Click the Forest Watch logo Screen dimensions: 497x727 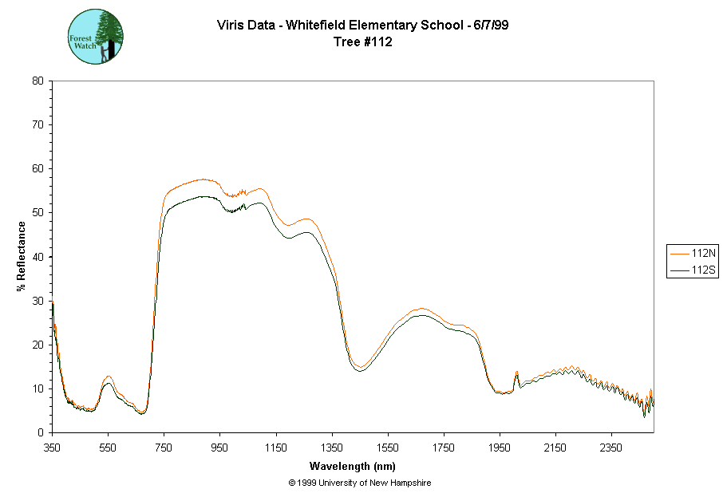96,37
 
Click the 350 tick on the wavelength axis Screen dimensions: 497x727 52,448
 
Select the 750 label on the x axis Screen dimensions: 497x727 164,448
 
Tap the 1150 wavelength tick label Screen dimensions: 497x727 276,448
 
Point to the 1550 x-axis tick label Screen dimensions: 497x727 388,448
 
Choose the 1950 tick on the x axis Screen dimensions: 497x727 500,448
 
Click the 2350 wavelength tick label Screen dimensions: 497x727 612,448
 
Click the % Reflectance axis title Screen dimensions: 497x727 22,256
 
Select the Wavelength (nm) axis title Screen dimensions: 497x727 354,466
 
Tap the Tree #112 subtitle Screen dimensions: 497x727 363,42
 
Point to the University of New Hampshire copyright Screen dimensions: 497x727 360,483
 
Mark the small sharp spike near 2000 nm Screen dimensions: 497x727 517,373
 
